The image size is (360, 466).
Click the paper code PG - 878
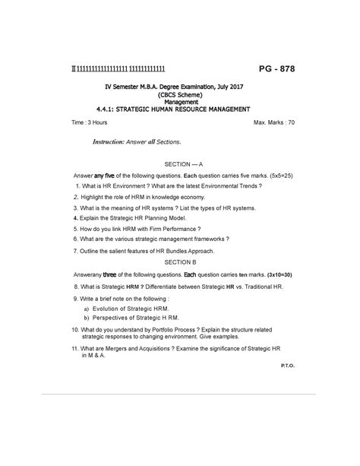click(x=270, y=70)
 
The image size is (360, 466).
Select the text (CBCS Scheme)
click(x=180, y=95)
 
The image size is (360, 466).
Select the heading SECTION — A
click(x=180, y=164)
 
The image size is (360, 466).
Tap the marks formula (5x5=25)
click(x=276, y=175)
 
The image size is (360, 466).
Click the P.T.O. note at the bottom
click(x=289, y=366)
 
